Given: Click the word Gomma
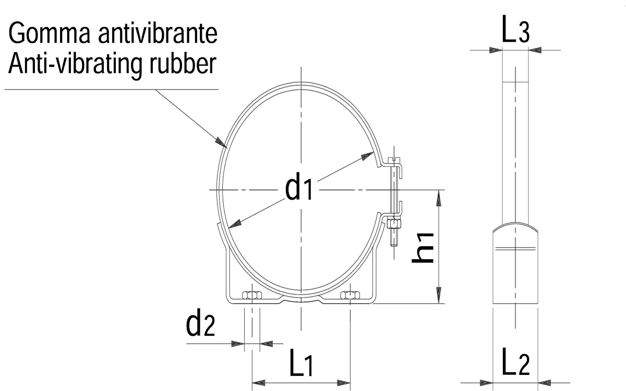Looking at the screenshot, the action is [50, 33].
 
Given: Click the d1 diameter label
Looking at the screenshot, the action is [298, 186].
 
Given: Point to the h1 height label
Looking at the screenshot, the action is [423, 248].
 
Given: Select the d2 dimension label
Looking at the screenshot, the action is [200, 322].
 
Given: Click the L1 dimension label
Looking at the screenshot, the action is [302, 362].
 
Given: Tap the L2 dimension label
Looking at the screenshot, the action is [516, 361].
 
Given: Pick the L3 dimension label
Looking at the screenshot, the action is [515, 29].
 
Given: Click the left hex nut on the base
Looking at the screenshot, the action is [252, 295].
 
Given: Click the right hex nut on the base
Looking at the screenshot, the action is [350, 295].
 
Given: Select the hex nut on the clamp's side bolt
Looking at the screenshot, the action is [394, 224].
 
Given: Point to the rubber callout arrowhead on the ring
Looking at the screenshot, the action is [221, 142].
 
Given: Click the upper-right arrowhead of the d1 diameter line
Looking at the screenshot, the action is [367, 156].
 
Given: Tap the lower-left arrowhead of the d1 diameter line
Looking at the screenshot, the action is [235, 224].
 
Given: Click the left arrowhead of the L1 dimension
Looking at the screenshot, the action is [259, 383].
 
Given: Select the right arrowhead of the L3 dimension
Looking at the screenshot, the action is [535, 50].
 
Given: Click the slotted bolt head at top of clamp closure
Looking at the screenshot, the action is [394, 160].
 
